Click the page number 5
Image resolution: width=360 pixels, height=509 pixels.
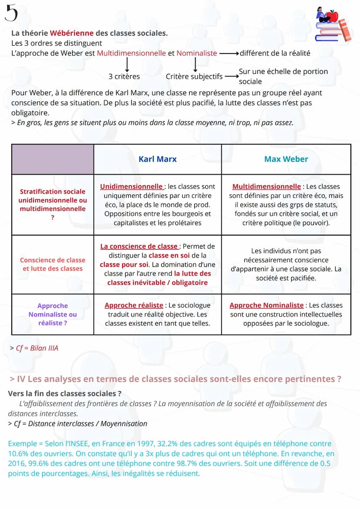(11, 13)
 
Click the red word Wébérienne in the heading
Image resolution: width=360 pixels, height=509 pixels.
(67, 33)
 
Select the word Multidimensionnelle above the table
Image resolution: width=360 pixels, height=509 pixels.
(131, 53)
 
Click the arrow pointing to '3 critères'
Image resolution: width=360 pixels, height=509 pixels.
(127, 65)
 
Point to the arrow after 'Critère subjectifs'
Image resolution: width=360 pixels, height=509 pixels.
(230, 77)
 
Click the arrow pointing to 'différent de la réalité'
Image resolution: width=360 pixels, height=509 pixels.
(229, 53)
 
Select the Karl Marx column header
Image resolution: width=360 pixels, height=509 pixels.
(157, 159)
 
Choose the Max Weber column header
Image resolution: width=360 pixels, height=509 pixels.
(286, 159)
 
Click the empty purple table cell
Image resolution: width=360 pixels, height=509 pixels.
(53, 159)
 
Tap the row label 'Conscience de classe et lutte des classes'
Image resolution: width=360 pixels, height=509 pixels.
(53, 264)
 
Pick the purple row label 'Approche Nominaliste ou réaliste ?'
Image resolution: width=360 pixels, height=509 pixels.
(53, 314)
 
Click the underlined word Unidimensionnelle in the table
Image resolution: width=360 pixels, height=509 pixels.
(131, 186)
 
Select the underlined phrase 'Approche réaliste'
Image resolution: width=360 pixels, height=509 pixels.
(134, 306)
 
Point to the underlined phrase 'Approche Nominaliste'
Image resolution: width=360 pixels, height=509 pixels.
(267, 306)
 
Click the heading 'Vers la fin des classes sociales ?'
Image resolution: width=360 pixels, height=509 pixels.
(64, 393)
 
